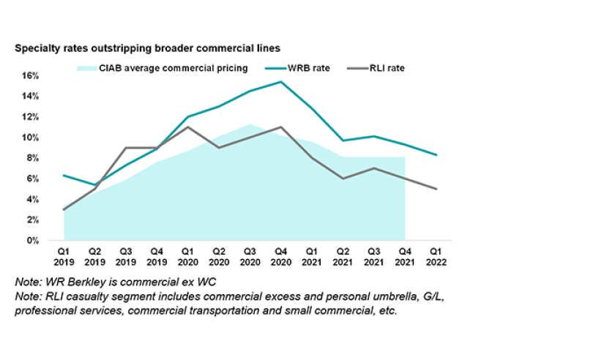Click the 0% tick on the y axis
32,241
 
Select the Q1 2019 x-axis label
64,257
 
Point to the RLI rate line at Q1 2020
188,127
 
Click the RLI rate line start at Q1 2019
64,209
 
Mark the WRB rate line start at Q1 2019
64,175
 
